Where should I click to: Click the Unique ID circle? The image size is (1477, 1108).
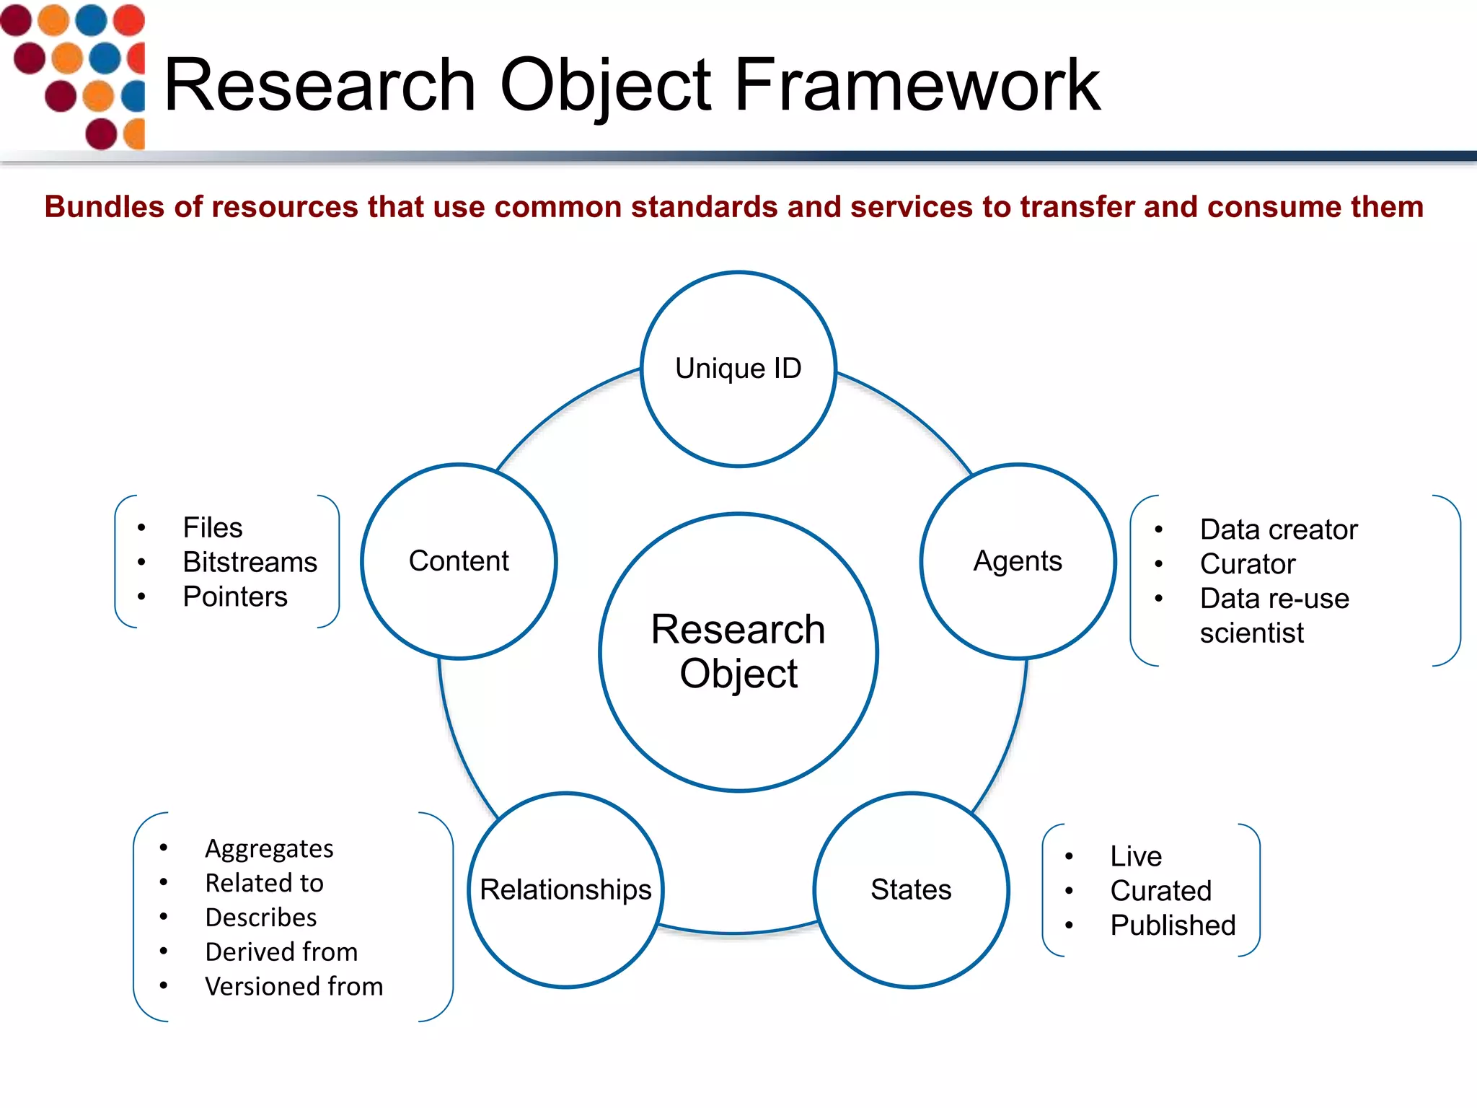[x=738, y=369]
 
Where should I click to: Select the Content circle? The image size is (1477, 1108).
[x=459, y=561]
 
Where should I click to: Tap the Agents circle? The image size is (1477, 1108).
[x=1018, y=561]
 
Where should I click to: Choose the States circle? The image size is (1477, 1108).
[x=911, y=889]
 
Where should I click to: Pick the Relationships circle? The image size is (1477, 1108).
[x=565, y=889]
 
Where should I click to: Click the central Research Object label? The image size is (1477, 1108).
[x=738, y=651]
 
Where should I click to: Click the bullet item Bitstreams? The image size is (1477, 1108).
[x=250, y=562]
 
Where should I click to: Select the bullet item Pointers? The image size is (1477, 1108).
[x=235, y=597]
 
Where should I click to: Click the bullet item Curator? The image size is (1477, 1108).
[x=1248, y=564]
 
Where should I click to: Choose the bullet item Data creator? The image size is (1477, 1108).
[x=1279, y=529]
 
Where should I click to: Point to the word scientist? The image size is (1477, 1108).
[x=1251, y=633]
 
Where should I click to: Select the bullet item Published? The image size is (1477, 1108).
[x=1173, y=925]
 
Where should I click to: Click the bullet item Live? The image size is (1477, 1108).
[x=1136, y=856]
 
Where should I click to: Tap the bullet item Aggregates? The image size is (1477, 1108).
[x=269, y=848]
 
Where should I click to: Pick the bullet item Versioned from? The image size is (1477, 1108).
[x=294, y=986]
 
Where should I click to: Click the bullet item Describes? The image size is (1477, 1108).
[x=260, y=918]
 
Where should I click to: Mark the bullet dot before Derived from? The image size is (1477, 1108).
[x=164, y=951]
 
